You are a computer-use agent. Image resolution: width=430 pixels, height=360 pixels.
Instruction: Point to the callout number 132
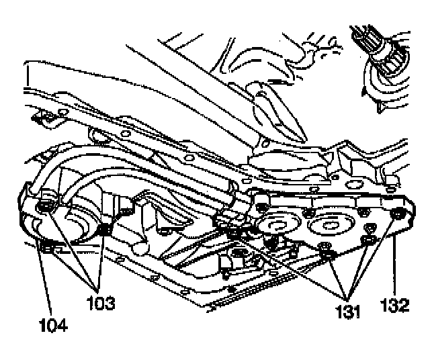pos(394,306)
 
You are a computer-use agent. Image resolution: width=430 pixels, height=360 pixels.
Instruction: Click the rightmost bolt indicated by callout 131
pos(369,240)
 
